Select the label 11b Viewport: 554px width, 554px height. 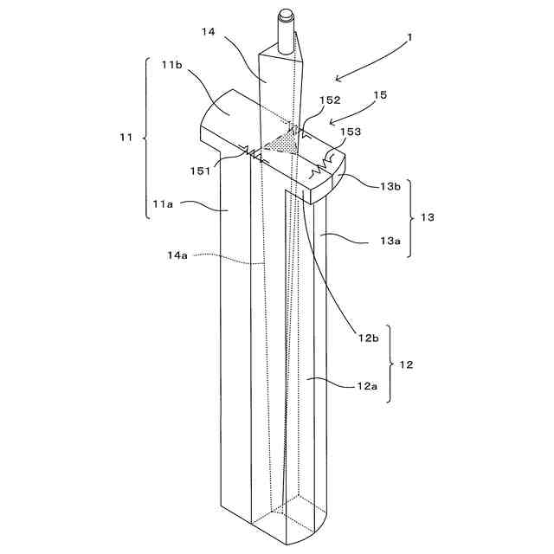point(171,64)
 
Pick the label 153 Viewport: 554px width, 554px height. point(349,132)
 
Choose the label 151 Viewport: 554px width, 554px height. point(202,171)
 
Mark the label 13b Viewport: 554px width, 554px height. point(389,186)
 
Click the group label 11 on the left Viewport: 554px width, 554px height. point(126,137)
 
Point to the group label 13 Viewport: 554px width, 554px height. point(427,217)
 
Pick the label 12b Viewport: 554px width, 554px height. point(367,338)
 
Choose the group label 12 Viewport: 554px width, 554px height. point(406,364)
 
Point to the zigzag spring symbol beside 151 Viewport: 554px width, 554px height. point(252,155)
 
